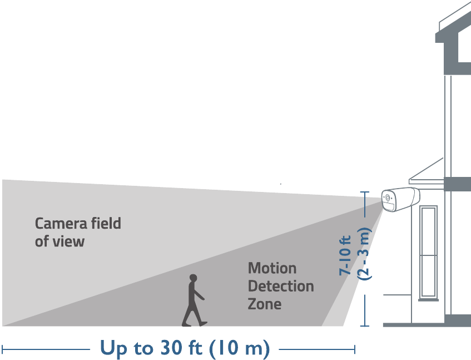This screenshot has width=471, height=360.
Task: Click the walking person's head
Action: (x=193, y=278)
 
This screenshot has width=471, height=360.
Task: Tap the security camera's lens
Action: (x=388, y=198)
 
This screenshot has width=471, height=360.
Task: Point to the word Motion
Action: (x=272, y=268)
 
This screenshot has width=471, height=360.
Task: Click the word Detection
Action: (x=281, y=286)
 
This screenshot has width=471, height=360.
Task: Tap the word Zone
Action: (x=265, y=304)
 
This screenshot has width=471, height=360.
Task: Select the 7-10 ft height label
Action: (x=345, y=255)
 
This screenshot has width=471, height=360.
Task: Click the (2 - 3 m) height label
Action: (x=364, y=254)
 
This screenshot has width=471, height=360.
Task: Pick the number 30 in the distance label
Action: (x=171, y=348)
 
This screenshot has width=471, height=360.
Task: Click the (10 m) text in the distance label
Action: (x=240, y=348)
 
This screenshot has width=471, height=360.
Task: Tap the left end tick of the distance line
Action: (x=2, y=349)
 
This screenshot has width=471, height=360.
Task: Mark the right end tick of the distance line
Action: (x=355, y=349)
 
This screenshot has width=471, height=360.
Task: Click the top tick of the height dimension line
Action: (x=365, y=192)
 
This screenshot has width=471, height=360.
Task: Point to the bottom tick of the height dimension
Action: (x=365, y=326)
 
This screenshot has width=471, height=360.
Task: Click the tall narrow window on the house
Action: (x=428, y=253)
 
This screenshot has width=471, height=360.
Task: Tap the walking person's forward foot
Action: (x=204, y=324)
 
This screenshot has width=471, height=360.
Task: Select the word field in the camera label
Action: (x=106, y=223)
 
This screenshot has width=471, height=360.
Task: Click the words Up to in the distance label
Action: (x=126, y=348)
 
